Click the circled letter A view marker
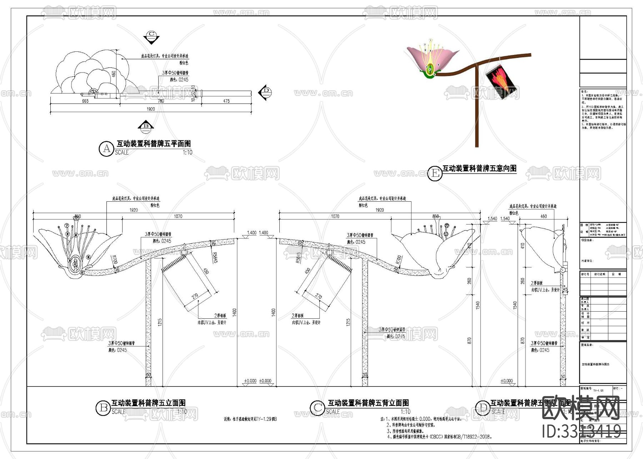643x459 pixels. point(106,148)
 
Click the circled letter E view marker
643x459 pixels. point(435,173)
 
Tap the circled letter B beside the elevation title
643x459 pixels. point(103,408)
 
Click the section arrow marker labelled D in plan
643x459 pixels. point(265,92)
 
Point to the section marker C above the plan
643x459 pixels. point(151,36)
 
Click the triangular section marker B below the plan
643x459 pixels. point(146,126)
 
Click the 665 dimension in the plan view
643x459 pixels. point(85,101)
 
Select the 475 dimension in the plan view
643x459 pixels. point(226,101)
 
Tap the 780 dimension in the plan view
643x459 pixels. point(161,101)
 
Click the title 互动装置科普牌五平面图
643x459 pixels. point(154,144)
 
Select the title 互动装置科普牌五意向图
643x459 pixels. point(479,168)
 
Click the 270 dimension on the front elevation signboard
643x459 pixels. point(195,296)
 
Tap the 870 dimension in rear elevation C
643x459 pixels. point(469,341)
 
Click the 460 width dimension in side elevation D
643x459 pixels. point(543,216)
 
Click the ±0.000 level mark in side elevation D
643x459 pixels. point(506,381)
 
